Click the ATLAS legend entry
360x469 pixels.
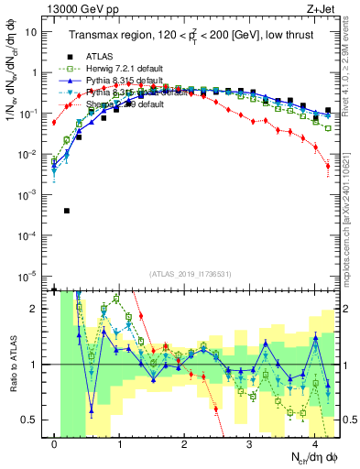(98, 56)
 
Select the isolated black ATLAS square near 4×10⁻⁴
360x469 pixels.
(67, 211)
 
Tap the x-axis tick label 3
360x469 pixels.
(250, 445)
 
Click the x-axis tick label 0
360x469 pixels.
(55, 445)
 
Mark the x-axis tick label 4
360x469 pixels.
(315, 445)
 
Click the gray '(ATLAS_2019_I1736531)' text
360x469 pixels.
(190, 274)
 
